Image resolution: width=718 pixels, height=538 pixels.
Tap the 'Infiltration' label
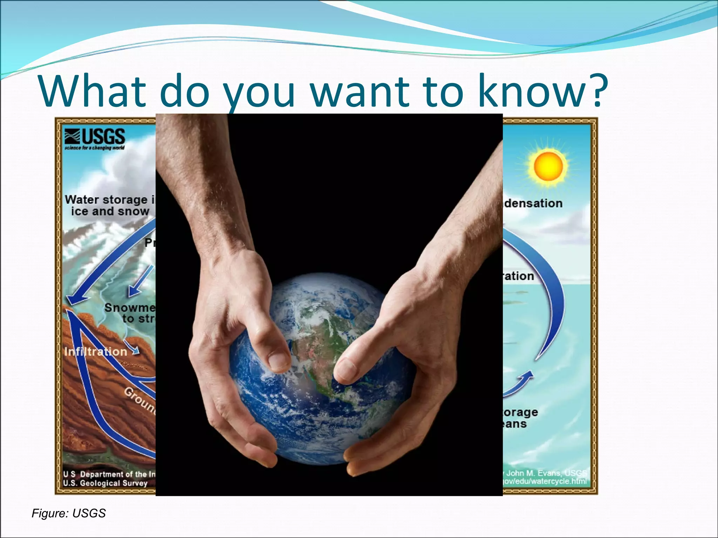tap(96, 351)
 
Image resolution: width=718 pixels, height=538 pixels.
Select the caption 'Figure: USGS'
tap(69, 513)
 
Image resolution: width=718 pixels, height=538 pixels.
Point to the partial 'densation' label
tap(533, 203)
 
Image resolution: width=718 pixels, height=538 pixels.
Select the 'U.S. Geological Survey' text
tap(105, 483)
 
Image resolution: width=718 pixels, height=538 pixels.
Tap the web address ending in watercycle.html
tap(544, 481)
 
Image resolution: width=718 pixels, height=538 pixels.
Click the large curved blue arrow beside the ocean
tap(550, 298)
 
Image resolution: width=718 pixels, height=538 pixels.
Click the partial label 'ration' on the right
tap(519, 276)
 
